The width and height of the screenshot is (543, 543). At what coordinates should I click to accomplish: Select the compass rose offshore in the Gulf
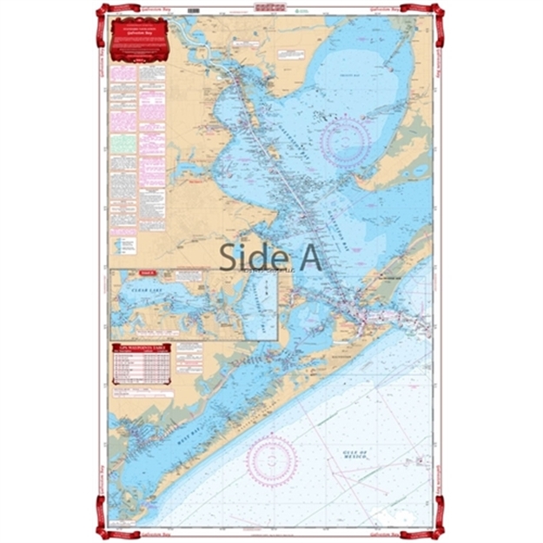[x=272, y=459]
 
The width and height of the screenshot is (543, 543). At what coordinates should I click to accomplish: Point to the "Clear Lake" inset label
[x=138, y=282]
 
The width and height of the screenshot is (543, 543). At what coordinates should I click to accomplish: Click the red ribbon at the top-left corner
[x=102, y=11]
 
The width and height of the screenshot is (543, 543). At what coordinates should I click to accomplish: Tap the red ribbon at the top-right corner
[x=439, y=11]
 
